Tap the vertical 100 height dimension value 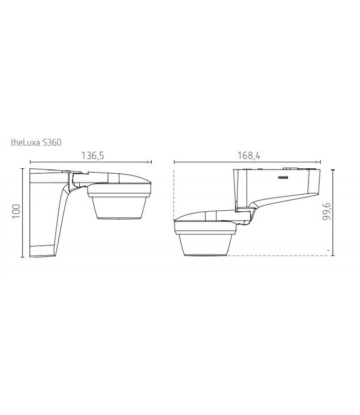[16, 211]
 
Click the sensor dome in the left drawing [119, 210]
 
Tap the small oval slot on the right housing [282, 178]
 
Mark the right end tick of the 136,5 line [151, 163]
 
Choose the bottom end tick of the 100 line [23, 257]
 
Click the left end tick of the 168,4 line [174, 163]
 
